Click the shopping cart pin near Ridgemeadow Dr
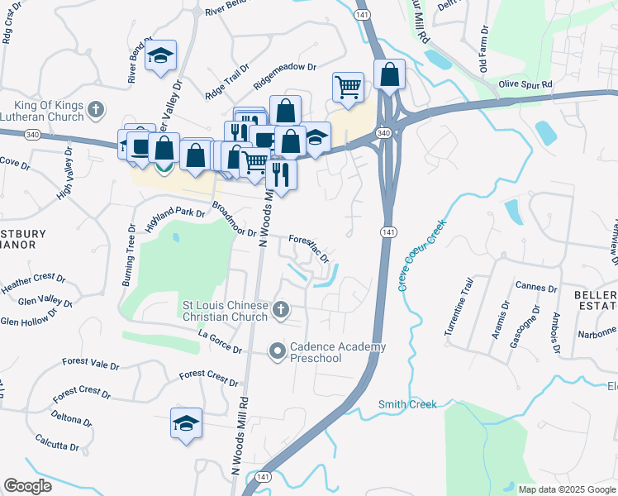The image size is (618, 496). tap(348, 87)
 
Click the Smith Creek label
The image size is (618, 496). tap(407, 404)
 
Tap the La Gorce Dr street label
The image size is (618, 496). tap(220, 343)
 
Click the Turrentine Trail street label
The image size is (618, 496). tap(459, 307)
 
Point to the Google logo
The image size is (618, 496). tap(27, 486)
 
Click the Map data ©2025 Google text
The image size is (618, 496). tap(566, 489)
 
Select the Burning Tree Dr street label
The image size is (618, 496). tap(128, 255)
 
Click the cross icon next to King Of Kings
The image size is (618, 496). tap(96, 109)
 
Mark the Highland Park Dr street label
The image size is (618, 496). tap(174, 219)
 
